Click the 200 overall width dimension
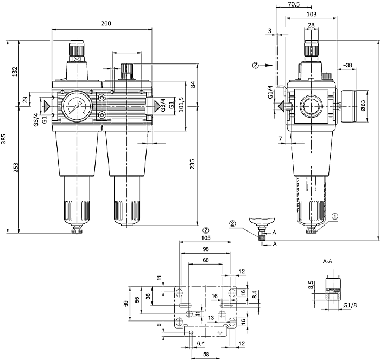tap(106, 23)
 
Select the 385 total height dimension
tap(5, 140)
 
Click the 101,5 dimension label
tap(181, 102)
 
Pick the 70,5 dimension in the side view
tap(295, 4)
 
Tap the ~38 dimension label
tap(347, 66)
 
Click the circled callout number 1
tap(335, 216)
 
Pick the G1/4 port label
tap(270, 93)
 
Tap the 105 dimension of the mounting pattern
tap(206, 238)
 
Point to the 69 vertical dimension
tap(126, 303)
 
